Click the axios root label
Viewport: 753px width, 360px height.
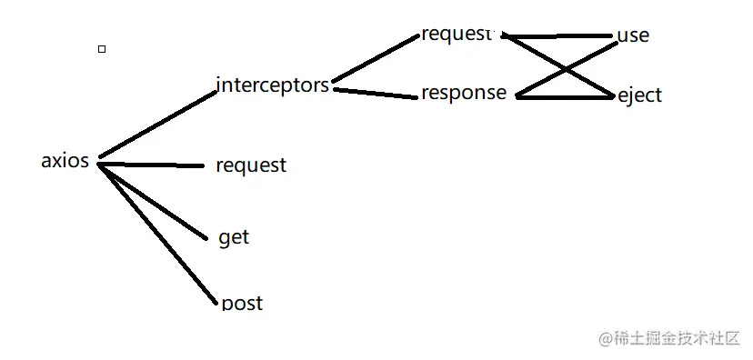point(65,161)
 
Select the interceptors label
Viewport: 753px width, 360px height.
point(272,85)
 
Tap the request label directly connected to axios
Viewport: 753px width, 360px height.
point(250,165)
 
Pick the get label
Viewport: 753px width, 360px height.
point(234,237)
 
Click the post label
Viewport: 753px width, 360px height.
point(242,303)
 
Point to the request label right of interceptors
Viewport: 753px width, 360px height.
point(457,35)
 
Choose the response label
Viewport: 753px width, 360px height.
point(464,93)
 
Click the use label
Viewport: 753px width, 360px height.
point(633,35)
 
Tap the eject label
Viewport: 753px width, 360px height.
point(639,95)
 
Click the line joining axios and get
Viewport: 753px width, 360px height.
point(153,201)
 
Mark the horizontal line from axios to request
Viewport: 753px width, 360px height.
point(150,165)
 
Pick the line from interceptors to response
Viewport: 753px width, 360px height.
point(375,92)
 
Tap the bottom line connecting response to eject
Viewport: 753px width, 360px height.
point(564,95)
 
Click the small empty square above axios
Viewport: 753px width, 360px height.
point(102,49)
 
